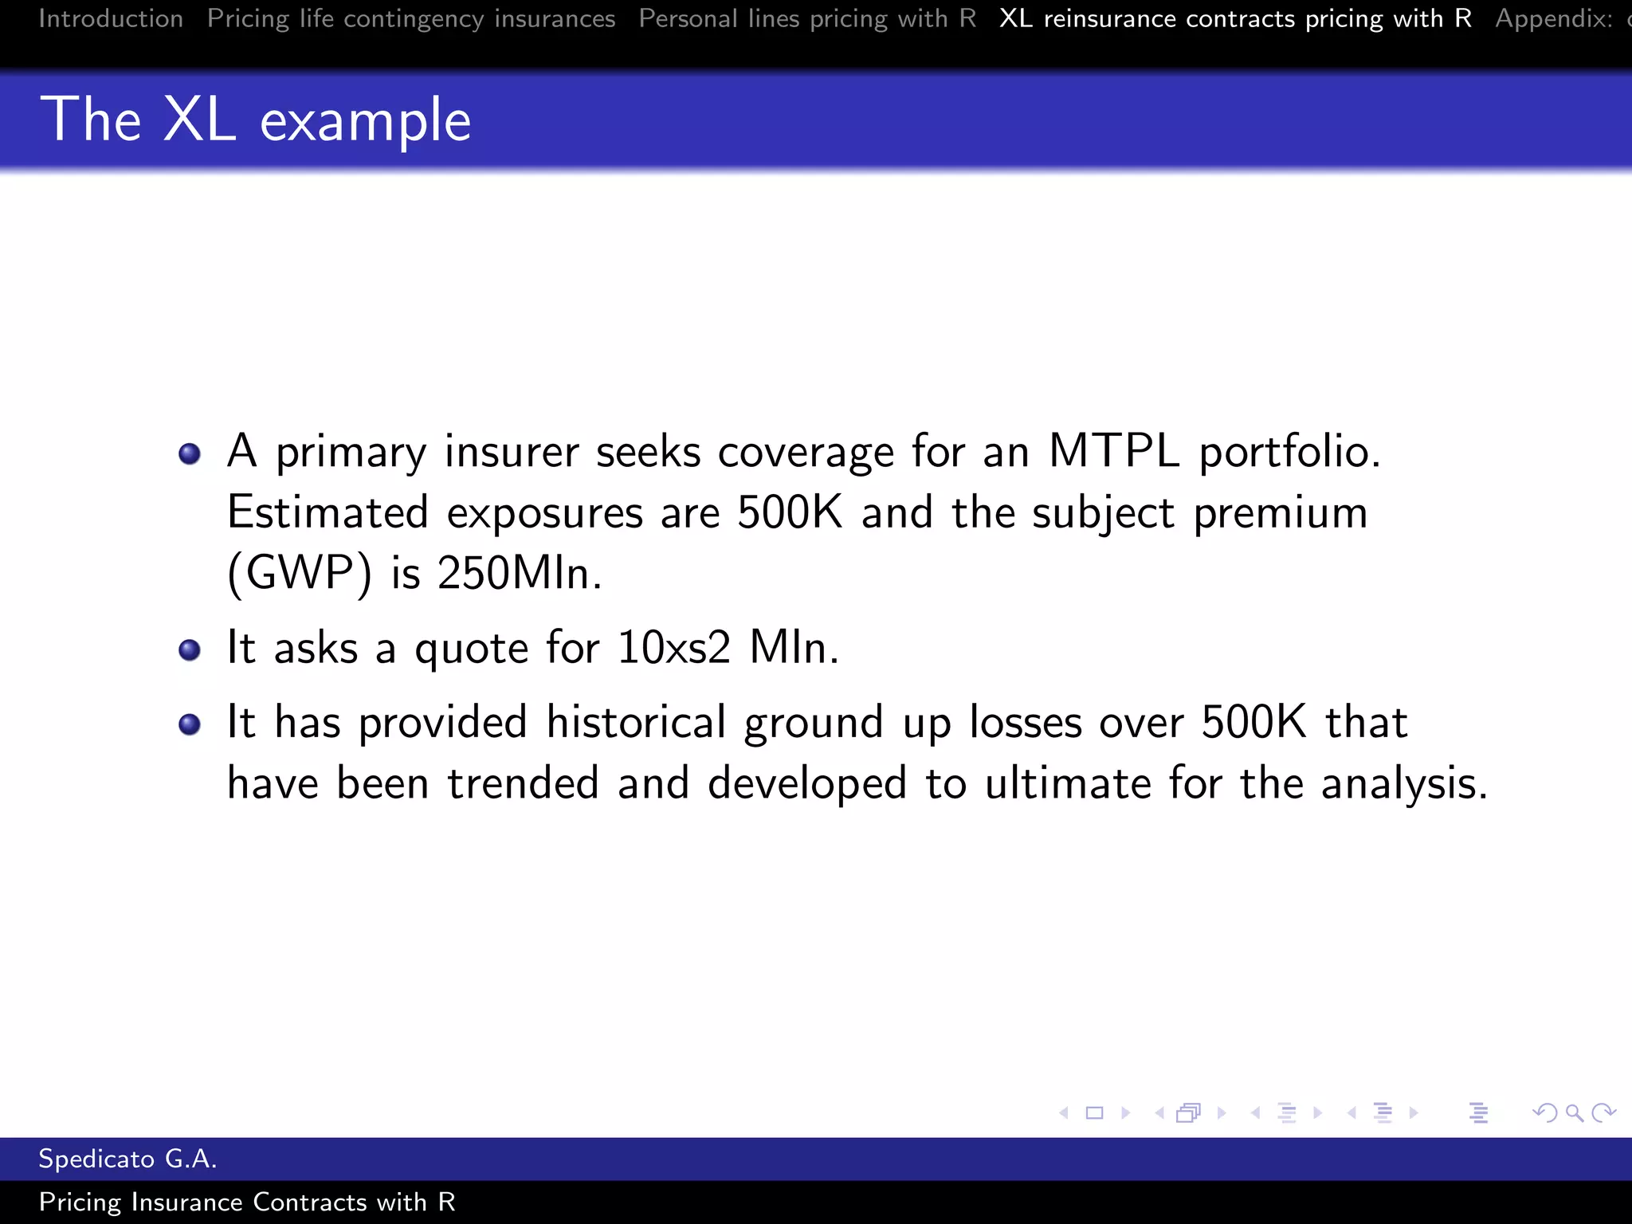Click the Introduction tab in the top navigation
pos(111,18)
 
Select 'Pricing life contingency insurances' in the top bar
pos(411,18)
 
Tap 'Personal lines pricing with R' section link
pos(807,18)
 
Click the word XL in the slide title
pos(199,120)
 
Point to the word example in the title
pos(366,122)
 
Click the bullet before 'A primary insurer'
pos(190,454)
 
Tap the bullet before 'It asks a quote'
pos(190,650)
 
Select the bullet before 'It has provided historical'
pos(190,724)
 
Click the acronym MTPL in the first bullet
pos(1113,451)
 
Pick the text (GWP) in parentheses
pos(300,574)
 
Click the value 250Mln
pos(519,573)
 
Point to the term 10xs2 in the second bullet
pos(673,647)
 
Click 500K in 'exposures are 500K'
pos(789,512)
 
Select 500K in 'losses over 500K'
pos(1253,722)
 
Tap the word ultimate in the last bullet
pos(1068,783)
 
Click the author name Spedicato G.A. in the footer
pos(127,1159)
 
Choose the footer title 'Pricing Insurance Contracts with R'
pos(247,1202)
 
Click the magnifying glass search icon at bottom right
pos(1574,1112)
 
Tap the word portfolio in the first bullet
pos(1289,453)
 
